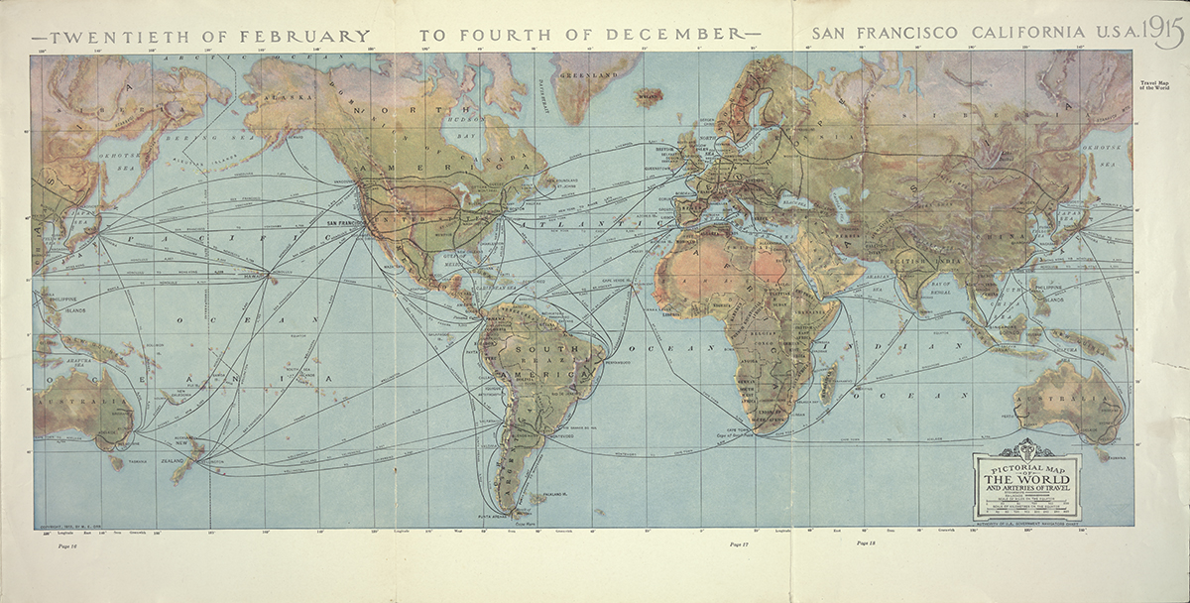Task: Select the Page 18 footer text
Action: tap(866, 543)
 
